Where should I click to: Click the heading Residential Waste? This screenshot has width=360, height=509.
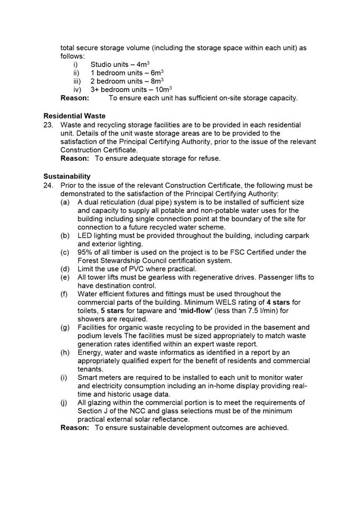click(x=74, y=116)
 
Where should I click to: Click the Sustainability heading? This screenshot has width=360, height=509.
click(x=67, y=176)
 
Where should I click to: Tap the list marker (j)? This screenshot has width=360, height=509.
click(x=64, y=402)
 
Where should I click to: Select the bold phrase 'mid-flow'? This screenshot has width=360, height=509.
click(x=173, y=311)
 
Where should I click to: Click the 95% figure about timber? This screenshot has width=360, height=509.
click(x=86, y=252)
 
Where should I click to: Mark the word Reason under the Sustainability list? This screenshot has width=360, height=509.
click(x=75, y=427)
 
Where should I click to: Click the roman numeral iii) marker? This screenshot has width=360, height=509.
click(x=77, y=81)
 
